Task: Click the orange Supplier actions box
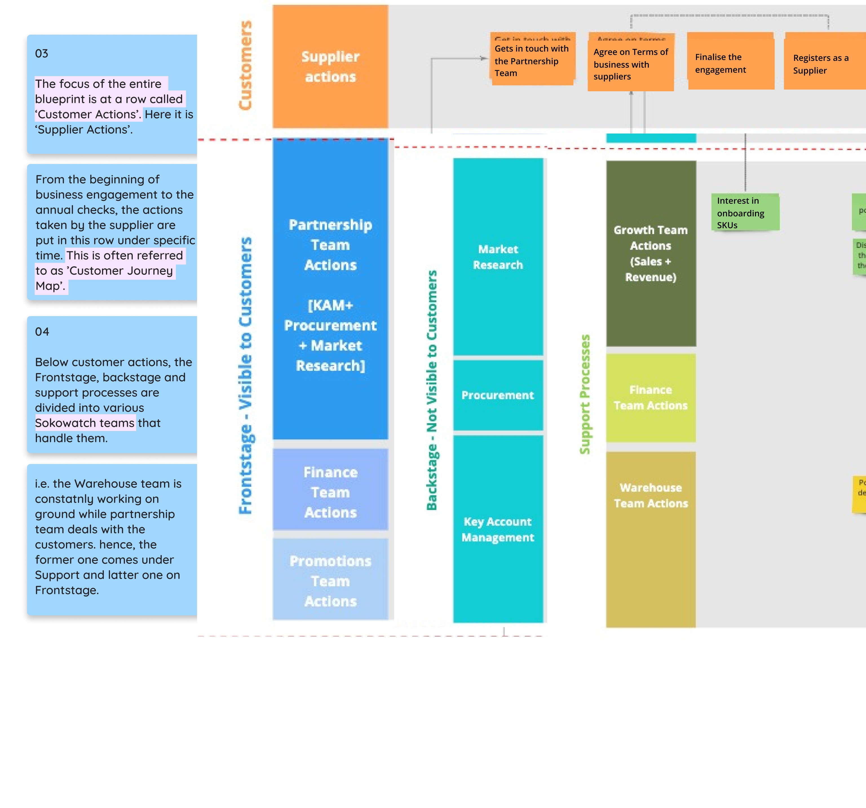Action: pyautogui.click(x=330, y=66)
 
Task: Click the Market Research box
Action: pyautogui.click(x=498, y=257)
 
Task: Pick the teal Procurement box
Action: pyautogui.click(x=498, y=395)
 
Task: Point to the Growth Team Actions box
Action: pyautogui.click(x=651, y=253)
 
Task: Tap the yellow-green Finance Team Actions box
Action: pyautogui.click(x=651, y=398)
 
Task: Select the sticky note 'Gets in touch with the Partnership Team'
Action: pyautogui.click(x=532, y=61)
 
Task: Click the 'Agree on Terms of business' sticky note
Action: pyautogui.click(x=630, y=65)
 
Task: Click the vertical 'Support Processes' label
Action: pyautogui.click(x=585, y=394)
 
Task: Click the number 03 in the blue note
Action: pyautogui.click(x=42, y=54)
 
